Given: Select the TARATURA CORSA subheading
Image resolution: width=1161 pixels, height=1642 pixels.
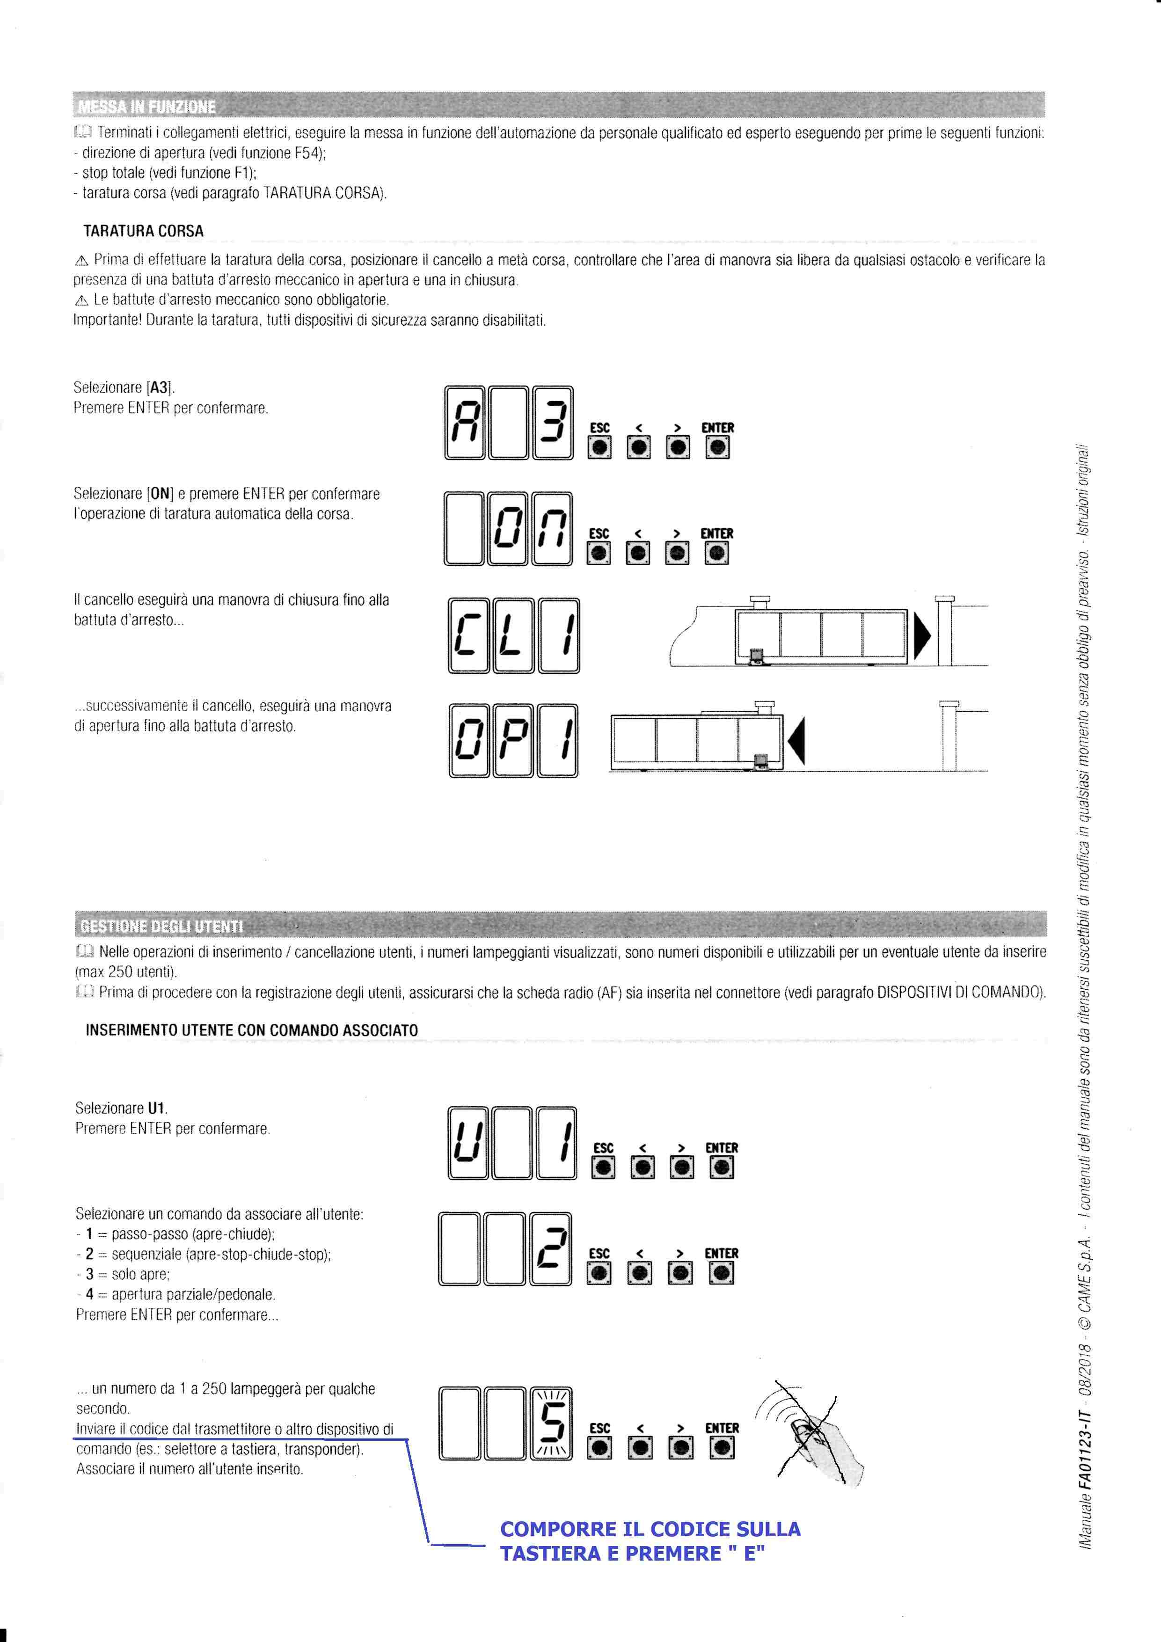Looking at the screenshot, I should [143, 231].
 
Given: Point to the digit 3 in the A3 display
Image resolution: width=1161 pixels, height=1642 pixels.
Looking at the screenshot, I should [553, 423].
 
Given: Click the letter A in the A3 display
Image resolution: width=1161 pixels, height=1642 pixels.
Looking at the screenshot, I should [465, 423].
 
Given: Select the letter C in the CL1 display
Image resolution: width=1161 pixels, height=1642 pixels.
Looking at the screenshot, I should [468, 635].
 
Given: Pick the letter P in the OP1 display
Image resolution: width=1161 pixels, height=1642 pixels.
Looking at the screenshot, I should [513, 741].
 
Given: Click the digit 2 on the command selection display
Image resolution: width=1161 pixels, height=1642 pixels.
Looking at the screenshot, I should [552, 1248].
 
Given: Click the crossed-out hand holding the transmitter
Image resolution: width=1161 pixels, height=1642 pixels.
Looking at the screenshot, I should [816, 1438].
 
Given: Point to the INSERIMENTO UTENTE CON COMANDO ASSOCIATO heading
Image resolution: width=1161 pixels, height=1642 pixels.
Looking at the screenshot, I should [251, 1030].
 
